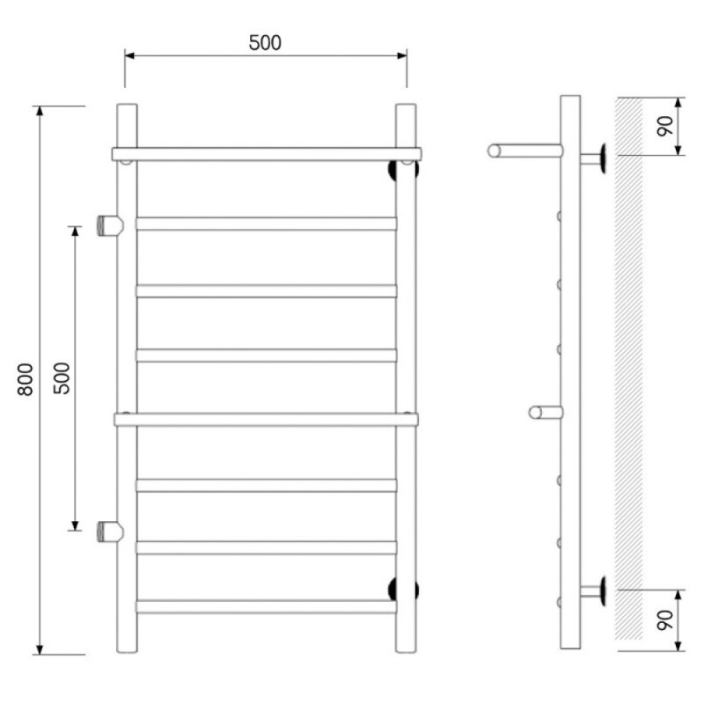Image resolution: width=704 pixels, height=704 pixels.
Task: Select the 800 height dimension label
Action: [26, 379]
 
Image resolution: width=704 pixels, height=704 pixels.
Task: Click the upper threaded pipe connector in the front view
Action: [110, 225]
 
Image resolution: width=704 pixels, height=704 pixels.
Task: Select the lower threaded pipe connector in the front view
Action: [110, 532]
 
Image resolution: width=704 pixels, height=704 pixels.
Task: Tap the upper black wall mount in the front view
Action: [403, 170]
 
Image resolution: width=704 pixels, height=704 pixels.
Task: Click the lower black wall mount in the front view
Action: [403, 589]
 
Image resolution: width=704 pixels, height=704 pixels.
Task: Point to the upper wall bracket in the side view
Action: [593, 159]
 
